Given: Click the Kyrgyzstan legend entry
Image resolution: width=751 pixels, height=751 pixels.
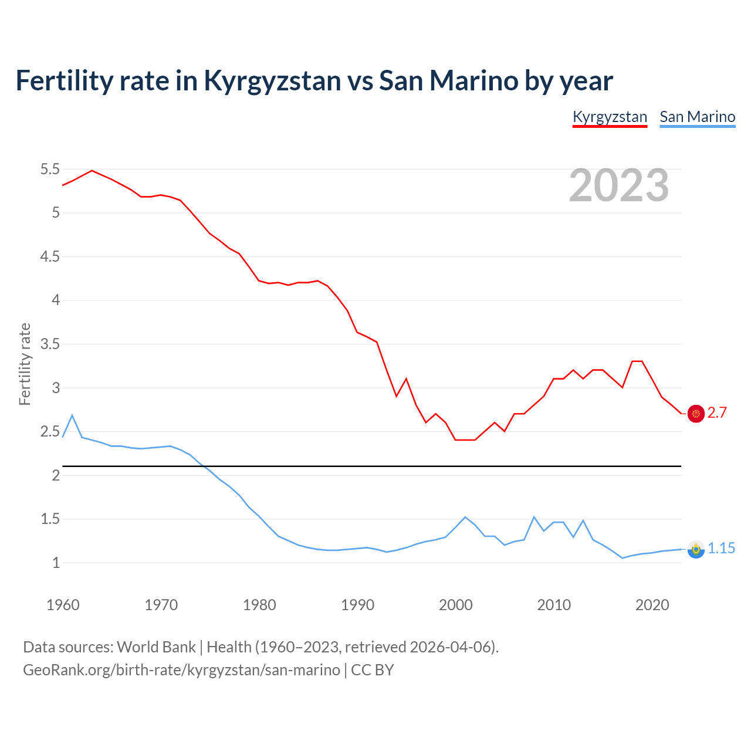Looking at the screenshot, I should click(x=610, y=117).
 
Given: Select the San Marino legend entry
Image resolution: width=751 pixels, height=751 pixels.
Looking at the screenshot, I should click(x=697, y=117).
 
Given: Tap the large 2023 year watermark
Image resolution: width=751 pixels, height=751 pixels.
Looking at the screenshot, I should click(x=619, y=185).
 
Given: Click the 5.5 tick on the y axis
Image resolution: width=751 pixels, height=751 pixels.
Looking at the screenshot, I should click(x=50, y=170).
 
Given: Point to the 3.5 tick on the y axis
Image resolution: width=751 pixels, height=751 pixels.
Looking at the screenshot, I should click(x=50, y=344).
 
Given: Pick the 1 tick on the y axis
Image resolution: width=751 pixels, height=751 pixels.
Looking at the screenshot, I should click(x=56, y=563).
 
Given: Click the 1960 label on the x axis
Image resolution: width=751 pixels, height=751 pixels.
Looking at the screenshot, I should click(x=63, y=605).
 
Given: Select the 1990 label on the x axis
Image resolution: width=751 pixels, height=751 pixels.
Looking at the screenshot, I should click(x=357, y=605).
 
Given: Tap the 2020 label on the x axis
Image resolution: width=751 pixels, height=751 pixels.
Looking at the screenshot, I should click(x=652, y=605).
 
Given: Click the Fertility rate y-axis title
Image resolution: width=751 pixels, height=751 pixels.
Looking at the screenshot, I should click(x=25, y=364).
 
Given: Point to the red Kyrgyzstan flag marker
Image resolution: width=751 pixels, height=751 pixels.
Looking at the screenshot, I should click(x=696, y=414).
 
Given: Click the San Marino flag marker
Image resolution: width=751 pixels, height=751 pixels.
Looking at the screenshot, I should click(x=696, y=549).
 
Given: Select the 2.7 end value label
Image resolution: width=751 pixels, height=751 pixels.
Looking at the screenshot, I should click(x=717, y=413).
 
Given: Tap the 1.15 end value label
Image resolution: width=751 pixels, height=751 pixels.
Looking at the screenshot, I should click(x=721, y=549).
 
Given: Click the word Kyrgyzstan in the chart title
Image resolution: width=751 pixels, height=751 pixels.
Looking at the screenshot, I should click(x=272, y=80).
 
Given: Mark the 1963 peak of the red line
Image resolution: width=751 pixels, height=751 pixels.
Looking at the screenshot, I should click(x=92, y=171).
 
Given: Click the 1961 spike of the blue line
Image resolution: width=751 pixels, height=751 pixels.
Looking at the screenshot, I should click(x=72, y=415).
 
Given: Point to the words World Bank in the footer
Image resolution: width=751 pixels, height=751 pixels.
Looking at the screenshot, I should click(x=156, y=647).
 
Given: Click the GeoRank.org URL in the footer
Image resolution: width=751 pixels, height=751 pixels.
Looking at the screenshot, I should click(x=181, y=670).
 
